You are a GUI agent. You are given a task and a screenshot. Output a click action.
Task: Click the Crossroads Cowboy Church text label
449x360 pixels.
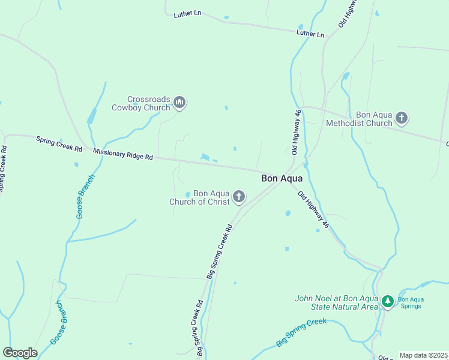pos(141,104)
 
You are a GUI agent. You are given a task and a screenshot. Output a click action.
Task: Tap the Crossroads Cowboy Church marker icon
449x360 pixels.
pos(179,103)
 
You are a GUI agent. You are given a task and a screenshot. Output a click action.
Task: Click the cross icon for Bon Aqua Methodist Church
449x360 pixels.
pos(402,118)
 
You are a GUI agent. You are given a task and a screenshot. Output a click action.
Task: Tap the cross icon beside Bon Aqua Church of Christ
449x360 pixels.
pos(239,197)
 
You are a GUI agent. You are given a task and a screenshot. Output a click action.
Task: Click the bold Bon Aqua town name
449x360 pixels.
pos(282,178)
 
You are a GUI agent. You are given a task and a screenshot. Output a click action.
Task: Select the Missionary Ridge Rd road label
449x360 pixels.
pos(123,154)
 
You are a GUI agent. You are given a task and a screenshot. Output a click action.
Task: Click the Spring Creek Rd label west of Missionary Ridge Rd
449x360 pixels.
pos(58,143)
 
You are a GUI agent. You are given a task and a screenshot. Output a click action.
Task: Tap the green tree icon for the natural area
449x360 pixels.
pos(388,302)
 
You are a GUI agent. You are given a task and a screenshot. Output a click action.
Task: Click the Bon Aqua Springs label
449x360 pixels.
pos(411,302)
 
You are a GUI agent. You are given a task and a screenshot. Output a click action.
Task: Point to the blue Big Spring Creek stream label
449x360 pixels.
pos(301,332)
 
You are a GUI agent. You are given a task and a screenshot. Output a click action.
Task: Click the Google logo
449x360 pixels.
pos(20,353)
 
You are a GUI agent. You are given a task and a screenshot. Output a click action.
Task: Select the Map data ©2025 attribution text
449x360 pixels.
pos(424,355)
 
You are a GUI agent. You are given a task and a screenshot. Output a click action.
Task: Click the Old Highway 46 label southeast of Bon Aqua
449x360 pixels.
pos(313,209)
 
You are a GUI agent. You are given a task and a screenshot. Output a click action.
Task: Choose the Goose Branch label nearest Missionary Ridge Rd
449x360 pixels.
pos(85,196)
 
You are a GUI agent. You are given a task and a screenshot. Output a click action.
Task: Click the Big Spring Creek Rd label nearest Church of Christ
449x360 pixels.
pos(220,251)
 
